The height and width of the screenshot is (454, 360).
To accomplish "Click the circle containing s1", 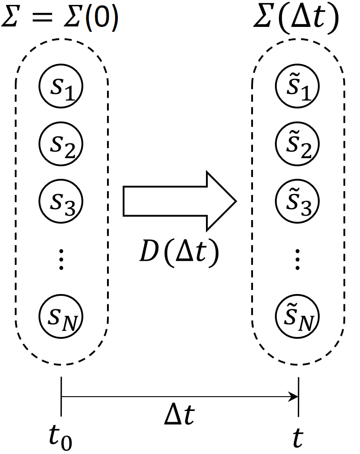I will pos(62,86).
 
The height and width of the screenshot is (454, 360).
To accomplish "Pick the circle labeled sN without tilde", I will pos(62,314).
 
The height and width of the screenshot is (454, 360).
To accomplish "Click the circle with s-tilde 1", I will pos(297,86).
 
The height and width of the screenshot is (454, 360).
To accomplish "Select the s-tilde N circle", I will pos(297,314).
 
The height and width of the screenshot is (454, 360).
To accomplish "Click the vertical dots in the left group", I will pos(62,260).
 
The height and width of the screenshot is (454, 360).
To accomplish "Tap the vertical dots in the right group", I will pos(297,260).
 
